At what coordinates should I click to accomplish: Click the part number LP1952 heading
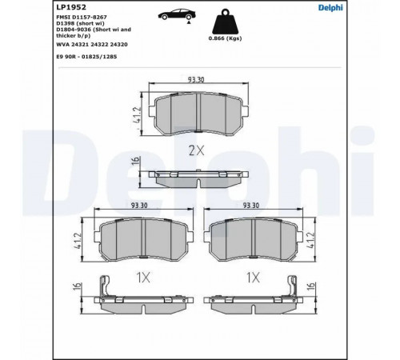pos(71,7)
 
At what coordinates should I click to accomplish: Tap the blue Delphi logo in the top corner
pos(330,7)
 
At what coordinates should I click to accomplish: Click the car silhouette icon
pos(177,14)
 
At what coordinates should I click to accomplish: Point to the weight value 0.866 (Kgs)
pos(225,38)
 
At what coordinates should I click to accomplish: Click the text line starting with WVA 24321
pos(92,45)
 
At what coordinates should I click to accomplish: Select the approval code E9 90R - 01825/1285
pos(86,57)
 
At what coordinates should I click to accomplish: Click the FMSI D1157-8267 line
pos(82,17)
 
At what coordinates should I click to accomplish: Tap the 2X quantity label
pos(197,150)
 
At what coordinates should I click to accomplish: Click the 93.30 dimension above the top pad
pos(196,79)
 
